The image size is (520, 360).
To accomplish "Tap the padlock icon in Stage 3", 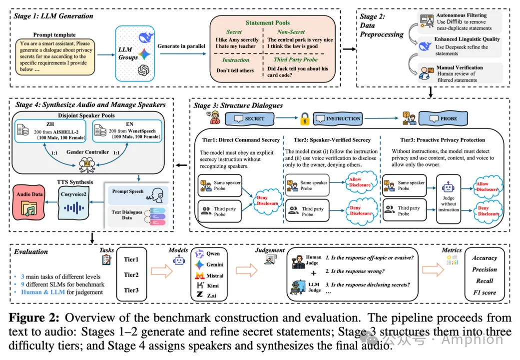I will [x=304, y=118].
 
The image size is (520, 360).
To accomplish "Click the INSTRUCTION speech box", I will [x=339, y=118].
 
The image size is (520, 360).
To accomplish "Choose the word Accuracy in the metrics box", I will [x=484, y=258].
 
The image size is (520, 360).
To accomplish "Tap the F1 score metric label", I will [x=484, y=292].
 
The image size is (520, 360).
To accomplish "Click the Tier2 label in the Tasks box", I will [x=131, y=274].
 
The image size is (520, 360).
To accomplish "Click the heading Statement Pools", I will [x=267, y=23].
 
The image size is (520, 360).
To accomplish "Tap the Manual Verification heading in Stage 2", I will [x=459, y=67].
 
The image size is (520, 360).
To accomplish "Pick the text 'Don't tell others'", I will [x=235, y=70].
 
